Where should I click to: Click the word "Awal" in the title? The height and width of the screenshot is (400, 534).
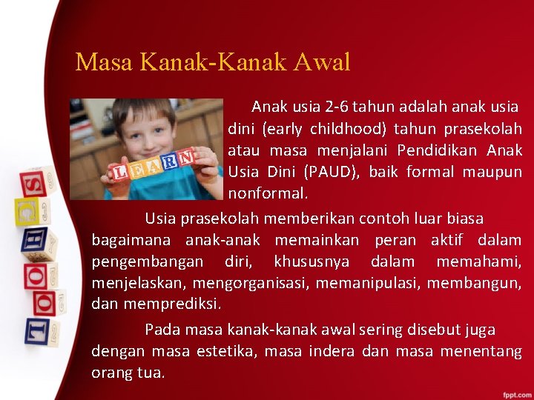tap(320, 62)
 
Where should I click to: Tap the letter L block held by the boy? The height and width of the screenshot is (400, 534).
tap(119, 173)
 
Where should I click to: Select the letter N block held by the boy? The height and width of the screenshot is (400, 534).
tap(185, 157)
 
